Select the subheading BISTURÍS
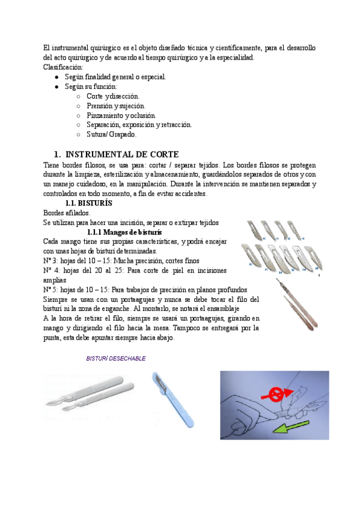point(91,203)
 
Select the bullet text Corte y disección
point(112,96)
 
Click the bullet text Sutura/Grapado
point(111,135)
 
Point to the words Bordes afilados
point(66,213)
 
